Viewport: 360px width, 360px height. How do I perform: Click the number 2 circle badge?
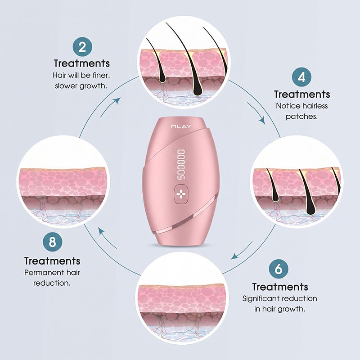[82, 47]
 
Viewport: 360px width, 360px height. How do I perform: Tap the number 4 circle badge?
[301, 77]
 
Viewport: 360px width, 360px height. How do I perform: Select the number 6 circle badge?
[279, 269]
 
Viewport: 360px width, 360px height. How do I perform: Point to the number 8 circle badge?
[52, 242]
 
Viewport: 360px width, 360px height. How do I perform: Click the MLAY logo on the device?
[181, 126]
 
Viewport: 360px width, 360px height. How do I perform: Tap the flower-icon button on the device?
[181, 194]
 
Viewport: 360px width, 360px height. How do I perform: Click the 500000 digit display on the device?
[181, 164]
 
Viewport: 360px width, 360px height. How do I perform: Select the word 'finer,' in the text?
[101, 75]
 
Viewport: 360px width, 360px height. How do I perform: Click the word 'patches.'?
[301, 117]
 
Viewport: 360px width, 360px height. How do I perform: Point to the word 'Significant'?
[261, 298]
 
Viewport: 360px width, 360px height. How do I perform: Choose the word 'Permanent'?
[44, 273]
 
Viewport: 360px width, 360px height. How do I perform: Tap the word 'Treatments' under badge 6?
[280, 287]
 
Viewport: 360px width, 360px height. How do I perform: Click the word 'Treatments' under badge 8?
[52, 261]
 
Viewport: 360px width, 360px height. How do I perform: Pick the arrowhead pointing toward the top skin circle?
[117, 100]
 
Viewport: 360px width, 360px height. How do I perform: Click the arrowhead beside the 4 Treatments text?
[262, 121]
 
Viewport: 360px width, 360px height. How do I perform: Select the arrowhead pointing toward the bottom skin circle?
[234, 256]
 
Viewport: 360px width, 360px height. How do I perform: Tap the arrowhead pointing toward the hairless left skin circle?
[101, 231]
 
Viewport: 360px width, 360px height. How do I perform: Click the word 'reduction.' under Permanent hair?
[52, 283]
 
